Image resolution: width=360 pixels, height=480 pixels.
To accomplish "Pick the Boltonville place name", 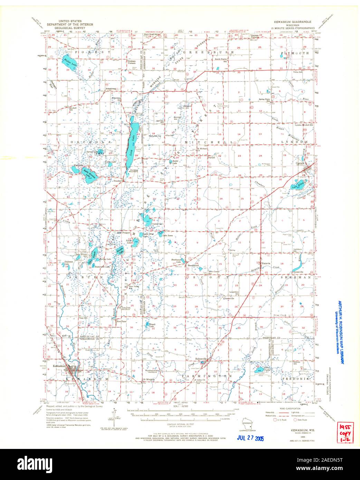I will [x=201, y=359].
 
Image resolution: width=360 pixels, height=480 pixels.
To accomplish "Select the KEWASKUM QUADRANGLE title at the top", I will [x=290, y=21].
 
